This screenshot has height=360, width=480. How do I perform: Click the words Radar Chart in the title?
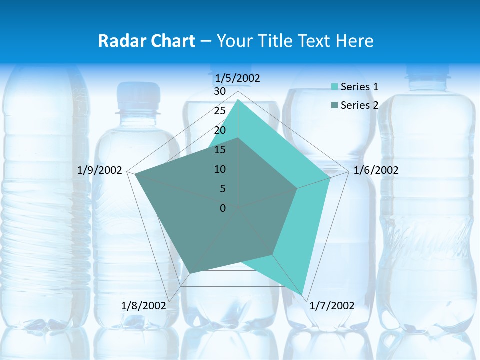146,41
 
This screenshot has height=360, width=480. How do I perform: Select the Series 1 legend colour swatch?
335,87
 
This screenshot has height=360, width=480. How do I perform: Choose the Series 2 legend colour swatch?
335,105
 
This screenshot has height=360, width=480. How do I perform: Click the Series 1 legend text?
359,87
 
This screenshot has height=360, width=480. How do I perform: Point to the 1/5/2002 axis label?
237,78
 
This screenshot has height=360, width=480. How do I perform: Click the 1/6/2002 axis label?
376,170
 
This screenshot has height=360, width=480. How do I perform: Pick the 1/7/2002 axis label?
332,306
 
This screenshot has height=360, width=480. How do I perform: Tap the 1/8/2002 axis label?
143,306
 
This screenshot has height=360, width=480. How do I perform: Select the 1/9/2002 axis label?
100,170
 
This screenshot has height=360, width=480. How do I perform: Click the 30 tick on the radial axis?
220,91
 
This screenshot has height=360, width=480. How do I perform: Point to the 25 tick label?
220,111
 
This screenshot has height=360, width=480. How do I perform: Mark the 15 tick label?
220,150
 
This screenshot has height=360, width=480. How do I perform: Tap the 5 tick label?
222,189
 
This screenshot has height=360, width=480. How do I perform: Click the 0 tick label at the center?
223,208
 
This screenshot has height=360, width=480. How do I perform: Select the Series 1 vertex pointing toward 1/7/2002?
302,295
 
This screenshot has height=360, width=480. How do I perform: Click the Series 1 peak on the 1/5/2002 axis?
238,100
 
